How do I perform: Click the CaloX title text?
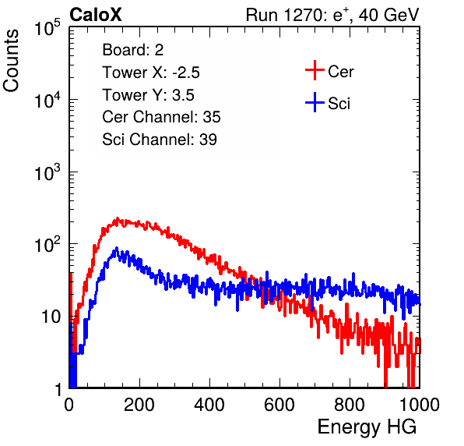coord(96,15)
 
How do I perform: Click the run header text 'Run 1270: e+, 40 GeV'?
coord(332,15)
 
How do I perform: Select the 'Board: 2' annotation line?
coord(133,50)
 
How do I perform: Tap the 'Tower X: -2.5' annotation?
coord(151,73)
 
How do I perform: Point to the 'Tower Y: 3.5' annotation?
coord(148,95)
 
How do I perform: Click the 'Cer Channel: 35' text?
coord(161,117)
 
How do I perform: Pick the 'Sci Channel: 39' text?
coord(160,140)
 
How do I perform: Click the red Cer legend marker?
coord(315,70)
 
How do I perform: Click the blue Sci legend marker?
coord(315,102)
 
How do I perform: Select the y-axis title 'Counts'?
coord(11,61)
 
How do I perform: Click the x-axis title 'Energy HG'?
coord(367,427)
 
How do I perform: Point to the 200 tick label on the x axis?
coord(139,405)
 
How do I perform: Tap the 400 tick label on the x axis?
coord(209,405)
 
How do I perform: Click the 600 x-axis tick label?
coord(279,405)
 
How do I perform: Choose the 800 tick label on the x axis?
coord(350,405)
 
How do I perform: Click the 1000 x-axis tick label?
coord(420,405)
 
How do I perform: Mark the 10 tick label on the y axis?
coord(51,317)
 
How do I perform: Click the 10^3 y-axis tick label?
coord(47,172)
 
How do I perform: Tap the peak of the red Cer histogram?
coord(118,218)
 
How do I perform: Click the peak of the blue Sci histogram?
coord(117,248)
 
